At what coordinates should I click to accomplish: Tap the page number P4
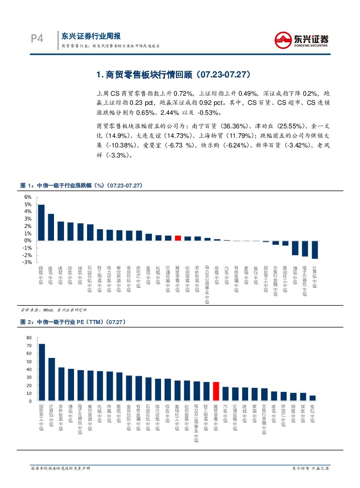(x=37, y=39)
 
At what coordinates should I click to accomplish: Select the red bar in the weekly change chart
(x=178, y=238)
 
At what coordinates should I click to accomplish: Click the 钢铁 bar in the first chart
(x=41, y=223)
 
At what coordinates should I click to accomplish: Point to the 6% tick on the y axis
(x=28, y=197)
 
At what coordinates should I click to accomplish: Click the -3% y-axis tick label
(x=27, y=262)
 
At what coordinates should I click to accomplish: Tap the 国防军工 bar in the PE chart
(x=42, y=372)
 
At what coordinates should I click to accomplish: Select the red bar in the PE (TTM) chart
(x=216, y=391)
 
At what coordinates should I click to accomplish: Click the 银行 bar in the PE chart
(x=313, y=398)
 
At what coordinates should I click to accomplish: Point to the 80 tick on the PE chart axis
(x=29, y=338)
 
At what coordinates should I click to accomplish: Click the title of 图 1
(x=81, y=185)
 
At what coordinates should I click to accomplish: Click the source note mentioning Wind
(x=54, y=310)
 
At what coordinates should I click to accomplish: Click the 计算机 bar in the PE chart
(x=51, y=379)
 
